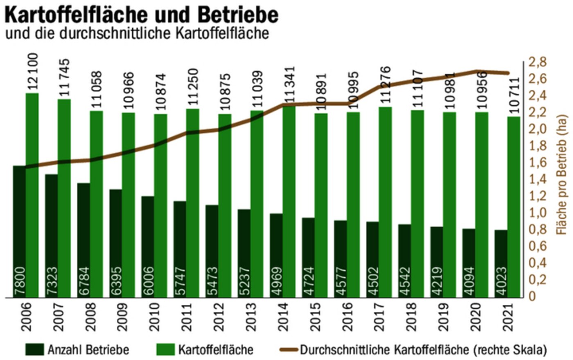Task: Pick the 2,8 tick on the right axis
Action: tap(537, 62)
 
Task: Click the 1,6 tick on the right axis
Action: tap(537, 163)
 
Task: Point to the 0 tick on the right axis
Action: tap(532, 296)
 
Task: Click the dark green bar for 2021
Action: tap(501, 264)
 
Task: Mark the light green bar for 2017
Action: tap(385, 203)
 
